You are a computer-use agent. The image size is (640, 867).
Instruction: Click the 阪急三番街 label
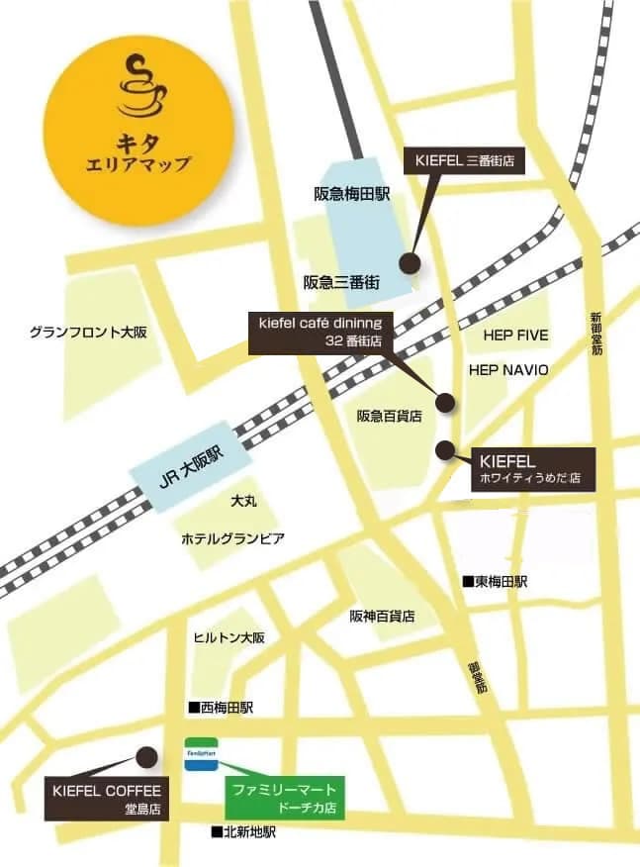coord(341,282)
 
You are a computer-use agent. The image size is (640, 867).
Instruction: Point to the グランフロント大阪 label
coord(88,332)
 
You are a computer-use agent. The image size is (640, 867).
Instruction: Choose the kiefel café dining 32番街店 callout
coord(319,332)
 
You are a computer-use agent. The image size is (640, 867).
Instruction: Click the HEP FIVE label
coord(515,336)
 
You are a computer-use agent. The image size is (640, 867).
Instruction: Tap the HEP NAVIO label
coord(507,369)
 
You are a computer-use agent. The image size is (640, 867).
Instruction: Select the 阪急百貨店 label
coord(390,417)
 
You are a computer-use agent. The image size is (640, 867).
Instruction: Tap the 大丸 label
coord(243,502)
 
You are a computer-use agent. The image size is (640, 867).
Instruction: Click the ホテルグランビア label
coord(232,539)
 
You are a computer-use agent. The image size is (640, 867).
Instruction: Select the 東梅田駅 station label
coord(496,582)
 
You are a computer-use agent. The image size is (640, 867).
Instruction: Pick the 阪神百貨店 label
coord(382,616)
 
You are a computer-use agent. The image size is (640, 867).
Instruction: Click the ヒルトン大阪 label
coord(229,638)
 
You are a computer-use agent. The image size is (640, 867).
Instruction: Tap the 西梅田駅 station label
coord(222,708)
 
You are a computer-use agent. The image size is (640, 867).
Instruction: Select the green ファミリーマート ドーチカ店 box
coord(283,798)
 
